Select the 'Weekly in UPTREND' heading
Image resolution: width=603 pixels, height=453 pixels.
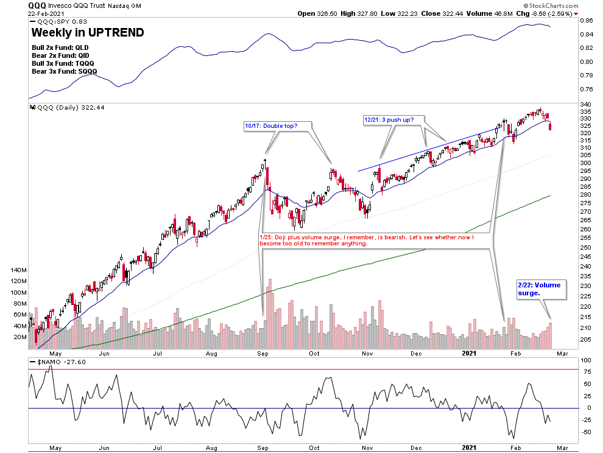[x=87, y=32]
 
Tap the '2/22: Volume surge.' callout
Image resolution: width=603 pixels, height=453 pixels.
[x=538, y=289]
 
